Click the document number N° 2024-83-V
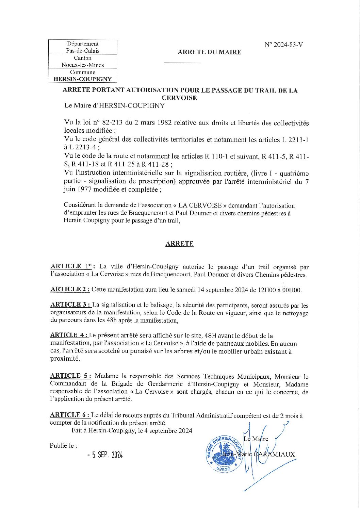click(283, 45)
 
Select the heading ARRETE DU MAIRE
click(209, 52)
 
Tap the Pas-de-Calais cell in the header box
click(83, 51)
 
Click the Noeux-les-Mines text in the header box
click(83, 65)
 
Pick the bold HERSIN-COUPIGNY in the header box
click(83, 79)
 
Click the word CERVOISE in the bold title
click(179, 98)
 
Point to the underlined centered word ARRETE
click(179, 244)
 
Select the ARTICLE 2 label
click(70, 289)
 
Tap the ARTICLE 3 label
click(70, 305)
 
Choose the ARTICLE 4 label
click(69, 335)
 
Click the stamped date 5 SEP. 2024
click(105, 455)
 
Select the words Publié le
click(63, 445)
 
